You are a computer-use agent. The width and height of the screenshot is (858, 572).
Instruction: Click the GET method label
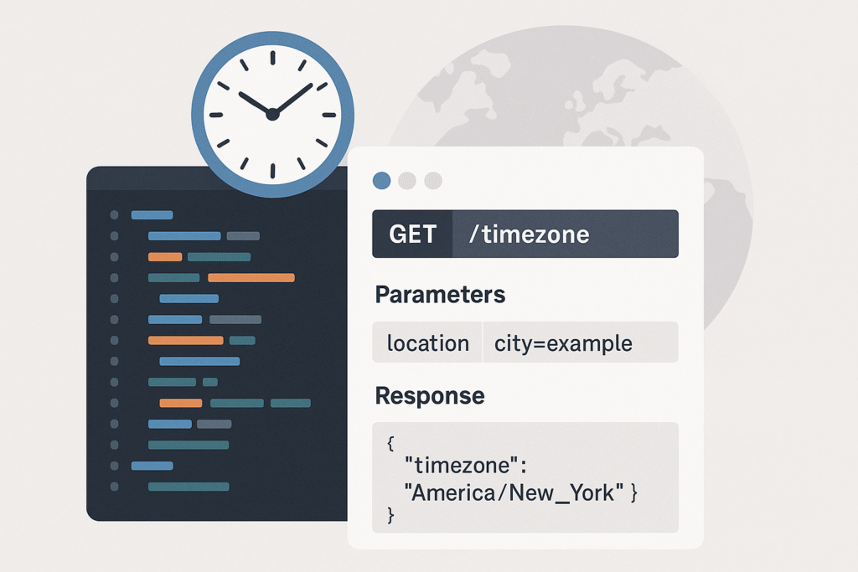[x=412, y=234]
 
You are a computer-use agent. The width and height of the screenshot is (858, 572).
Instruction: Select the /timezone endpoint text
[x=530, y=234]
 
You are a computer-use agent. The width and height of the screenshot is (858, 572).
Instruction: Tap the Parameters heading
[x=440, y=295]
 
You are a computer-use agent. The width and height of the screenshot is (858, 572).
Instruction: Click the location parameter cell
[x=427, y=343]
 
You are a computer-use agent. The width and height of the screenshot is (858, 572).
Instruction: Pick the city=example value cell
[x=580, y=343]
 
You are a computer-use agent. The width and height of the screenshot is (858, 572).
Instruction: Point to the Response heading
[x=430, y=395]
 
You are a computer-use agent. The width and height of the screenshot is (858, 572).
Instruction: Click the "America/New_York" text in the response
[x=514, y=492]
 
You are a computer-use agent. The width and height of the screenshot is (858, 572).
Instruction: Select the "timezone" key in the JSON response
[x=465, y=466]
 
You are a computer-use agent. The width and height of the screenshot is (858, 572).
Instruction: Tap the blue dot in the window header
[x=381, y=180]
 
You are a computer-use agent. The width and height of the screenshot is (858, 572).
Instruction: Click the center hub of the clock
[x=272, y=114]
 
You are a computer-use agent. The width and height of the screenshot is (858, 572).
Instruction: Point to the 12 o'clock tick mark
[x=272, y=58]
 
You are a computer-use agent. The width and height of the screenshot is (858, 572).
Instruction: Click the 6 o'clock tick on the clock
[x=272, y=171]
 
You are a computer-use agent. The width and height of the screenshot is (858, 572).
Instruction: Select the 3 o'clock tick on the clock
[x=328, y=115]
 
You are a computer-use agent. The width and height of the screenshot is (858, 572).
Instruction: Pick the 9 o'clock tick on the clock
[x=216, y=115]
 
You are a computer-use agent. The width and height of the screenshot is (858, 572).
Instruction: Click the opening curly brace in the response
[x=390, y=442]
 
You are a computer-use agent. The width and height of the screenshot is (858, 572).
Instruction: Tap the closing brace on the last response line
[x=390, y=515]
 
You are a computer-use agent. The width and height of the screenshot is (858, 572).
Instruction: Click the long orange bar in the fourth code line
[x=251, y=278]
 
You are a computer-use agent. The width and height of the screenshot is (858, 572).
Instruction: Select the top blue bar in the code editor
[x=152, y=215]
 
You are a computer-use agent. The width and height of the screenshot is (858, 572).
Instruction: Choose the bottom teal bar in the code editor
[x=189, y=486]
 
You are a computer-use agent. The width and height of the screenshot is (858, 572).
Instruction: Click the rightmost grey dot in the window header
[x=433, y=180]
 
